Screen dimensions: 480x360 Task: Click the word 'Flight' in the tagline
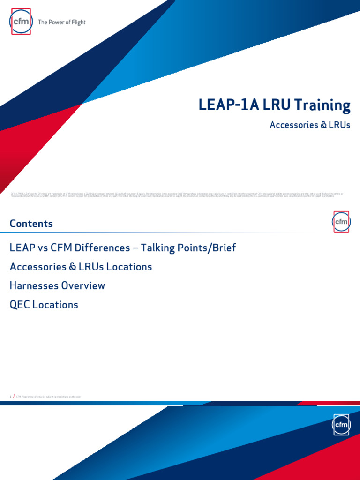77,22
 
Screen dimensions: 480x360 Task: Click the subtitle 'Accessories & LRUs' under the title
310,126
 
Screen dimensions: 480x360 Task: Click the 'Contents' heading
31,224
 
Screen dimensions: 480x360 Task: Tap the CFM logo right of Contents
341,221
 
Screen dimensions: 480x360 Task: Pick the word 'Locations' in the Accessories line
129,267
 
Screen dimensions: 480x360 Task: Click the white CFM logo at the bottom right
341,425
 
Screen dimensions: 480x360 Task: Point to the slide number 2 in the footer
10,397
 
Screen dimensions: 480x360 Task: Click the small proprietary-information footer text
52,397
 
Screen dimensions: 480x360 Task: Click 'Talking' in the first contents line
158,248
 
